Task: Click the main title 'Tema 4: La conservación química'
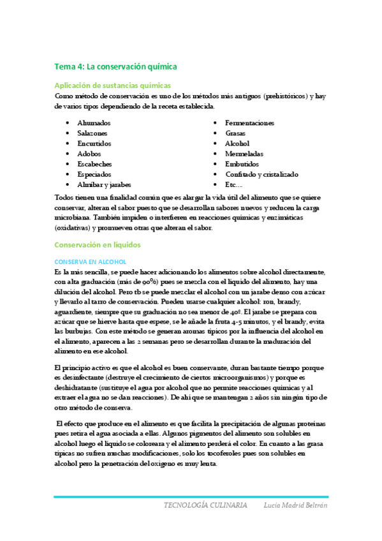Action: [115, 66]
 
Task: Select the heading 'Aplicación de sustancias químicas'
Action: [112, 85]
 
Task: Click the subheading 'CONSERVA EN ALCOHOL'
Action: [91, 262]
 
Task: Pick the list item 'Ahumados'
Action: [94, 122]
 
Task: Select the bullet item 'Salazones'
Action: [92, 133]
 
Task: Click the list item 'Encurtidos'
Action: [94, 144]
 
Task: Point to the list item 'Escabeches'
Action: [94, 164]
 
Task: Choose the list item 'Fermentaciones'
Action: [249, 122]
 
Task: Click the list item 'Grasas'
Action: [235, 133]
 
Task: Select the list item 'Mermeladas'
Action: [244, 154]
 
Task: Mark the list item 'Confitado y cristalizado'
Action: [261, 174]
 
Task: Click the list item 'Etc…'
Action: [233, 184]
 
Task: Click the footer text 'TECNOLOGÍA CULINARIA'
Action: [205, 505]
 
